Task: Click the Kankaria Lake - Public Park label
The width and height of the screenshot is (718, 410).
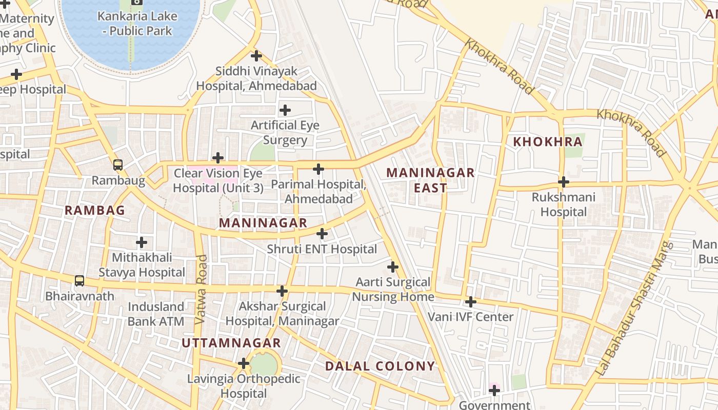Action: (x=137, y=23)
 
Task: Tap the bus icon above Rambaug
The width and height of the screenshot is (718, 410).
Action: (x=118, y=165)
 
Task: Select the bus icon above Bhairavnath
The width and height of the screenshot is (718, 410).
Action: (x=79, y=281)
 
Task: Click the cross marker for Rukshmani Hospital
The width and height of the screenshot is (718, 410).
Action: (x=564, y=182)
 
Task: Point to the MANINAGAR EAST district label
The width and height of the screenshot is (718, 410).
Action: (x=430, y=180)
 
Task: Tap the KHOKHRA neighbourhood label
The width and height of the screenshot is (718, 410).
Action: (x=548, y=142)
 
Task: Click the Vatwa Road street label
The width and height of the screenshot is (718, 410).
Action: (x=201, y=289)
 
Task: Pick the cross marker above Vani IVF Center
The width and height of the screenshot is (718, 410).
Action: (x=470, y=302)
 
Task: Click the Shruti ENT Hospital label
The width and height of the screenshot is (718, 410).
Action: (x=322, y=250)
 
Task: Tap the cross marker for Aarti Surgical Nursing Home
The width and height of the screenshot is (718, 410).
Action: (x=393, y=267)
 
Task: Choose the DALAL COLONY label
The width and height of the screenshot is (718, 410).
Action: (x=380, y=366)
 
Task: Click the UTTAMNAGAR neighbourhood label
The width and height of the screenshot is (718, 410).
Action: (x=231, y=343)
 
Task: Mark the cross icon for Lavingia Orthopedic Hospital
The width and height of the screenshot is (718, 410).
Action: (x=244, y=364)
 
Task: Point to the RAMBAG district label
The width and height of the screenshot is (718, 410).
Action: (x=95, y=210)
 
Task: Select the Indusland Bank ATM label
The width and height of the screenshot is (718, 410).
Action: (x=156, y=314)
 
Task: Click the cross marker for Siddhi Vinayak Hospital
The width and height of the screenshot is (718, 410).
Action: (x=256, y=56)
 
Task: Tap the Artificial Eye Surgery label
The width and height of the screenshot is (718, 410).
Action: (x=285, y=133)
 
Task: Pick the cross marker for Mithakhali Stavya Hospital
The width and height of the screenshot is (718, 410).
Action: (x=142, y=242)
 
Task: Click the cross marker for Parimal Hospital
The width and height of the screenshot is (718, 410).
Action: (x=318, y=169)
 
